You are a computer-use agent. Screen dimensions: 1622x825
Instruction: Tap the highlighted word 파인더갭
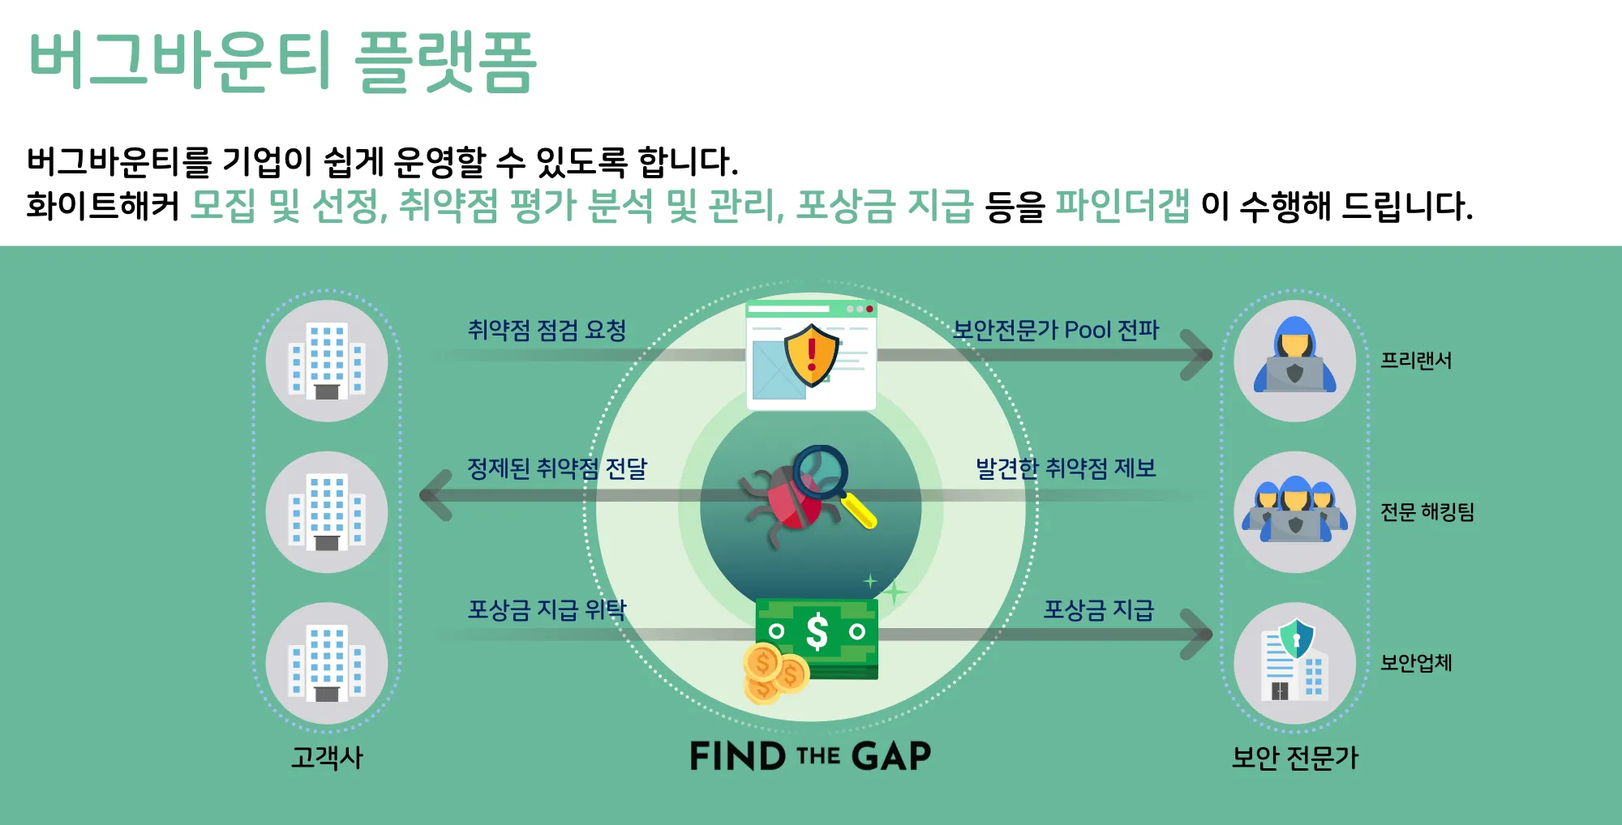coord(1122,205)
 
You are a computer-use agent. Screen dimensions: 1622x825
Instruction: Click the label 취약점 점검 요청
coord(547,330)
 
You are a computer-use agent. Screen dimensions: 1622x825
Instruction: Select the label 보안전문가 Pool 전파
coord(1055,330)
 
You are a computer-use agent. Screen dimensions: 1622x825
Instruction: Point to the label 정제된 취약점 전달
coord(556,468)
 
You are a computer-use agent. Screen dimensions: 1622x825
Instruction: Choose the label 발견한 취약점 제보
coord(1065,468)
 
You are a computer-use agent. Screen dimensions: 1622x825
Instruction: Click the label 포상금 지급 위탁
coord(547,609)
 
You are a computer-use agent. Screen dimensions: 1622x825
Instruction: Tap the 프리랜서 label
coord(1416,361)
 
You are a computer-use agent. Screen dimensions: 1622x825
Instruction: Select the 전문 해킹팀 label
coord(1427,512)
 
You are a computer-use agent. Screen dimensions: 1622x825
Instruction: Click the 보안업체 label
coord(1416,663)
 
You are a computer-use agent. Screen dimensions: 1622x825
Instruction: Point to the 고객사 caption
coord(327,758)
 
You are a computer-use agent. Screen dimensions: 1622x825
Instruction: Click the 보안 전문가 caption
coord(1294,758)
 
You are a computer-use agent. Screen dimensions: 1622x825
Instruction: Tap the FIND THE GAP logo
coord(810,756)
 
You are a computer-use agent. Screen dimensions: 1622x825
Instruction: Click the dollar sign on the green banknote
coord(817,631)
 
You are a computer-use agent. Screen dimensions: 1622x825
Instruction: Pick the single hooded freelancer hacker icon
coord(1294,361)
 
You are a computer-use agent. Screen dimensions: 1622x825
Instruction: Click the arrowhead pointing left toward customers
coord(435,494)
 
